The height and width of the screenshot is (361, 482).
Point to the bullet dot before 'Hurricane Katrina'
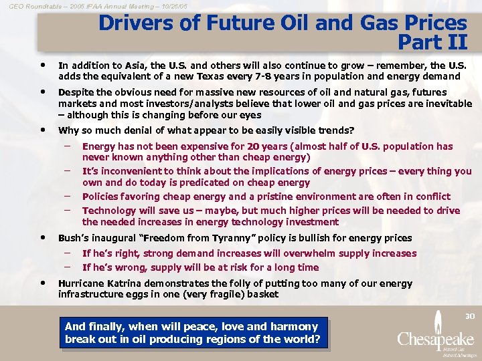[x=43, y=283]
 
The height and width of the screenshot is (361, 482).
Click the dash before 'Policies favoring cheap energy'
[x=67, y=195]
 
